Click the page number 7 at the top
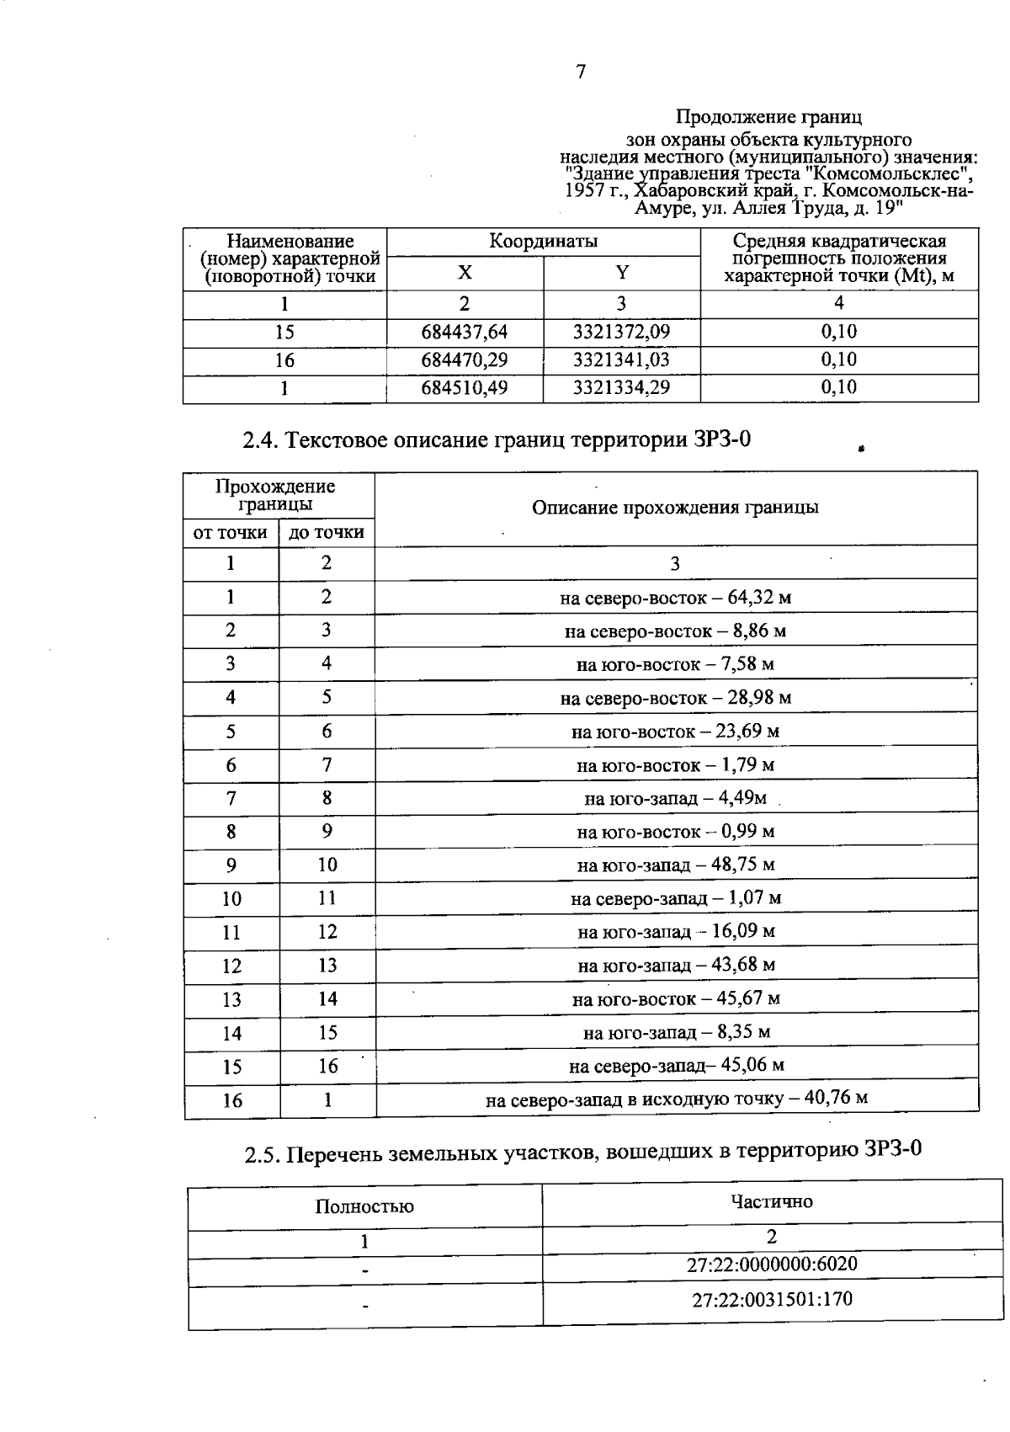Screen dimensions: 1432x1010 point(580,72)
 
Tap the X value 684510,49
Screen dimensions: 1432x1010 point(465,387)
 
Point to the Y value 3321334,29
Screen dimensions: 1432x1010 point(621,387)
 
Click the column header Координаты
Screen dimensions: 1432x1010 point(544,242)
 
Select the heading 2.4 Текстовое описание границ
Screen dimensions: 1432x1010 point(496,439)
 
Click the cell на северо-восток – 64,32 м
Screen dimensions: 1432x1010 point(676,598)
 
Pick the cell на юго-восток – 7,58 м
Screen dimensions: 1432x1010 point(676,664)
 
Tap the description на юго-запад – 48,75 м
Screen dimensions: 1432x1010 point(676,865)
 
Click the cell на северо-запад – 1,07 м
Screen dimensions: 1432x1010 point(676,898)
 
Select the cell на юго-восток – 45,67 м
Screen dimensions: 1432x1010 point(676,999)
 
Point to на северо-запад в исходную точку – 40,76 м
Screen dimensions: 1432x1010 point(677,1099)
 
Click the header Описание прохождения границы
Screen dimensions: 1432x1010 point(675,508)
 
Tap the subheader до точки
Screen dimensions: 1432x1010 point(327,532)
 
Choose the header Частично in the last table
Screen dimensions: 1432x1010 point(772,1201)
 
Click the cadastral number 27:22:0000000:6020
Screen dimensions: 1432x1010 point(772,1264)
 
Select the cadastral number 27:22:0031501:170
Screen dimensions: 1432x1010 point(772,1300)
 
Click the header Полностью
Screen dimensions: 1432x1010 point(364,1206)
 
